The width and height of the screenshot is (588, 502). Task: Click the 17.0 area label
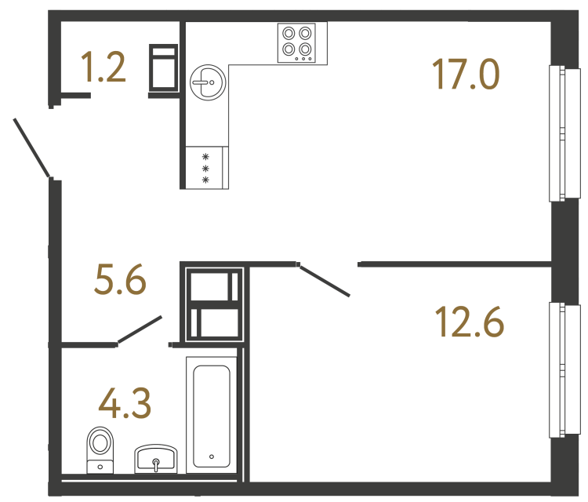tap(465, 75)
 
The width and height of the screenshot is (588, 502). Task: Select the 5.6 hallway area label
tap(120, 280)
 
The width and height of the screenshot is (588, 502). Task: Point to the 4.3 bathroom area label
tap(125, 404)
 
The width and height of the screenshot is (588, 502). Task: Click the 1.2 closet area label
tap(103, 69)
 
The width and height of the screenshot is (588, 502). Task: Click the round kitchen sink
tap(208, 82)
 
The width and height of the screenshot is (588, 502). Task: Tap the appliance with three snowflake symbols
tap(206, 168)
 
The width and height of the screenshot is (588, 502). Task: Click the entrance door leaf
tap(32, 147)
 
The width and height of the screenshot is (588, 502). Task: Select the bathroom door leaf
tap(140, 330)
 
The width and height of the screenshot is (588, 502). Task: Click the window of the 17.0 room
tap(557, 133)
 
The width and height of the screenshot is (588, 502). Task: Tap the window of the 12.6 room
tap(557, 369)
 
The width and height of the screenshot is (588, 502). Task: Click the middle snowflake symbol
tap(206, 168)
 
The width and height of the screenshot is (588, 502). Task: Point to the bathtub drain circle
tap(212, 455)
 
